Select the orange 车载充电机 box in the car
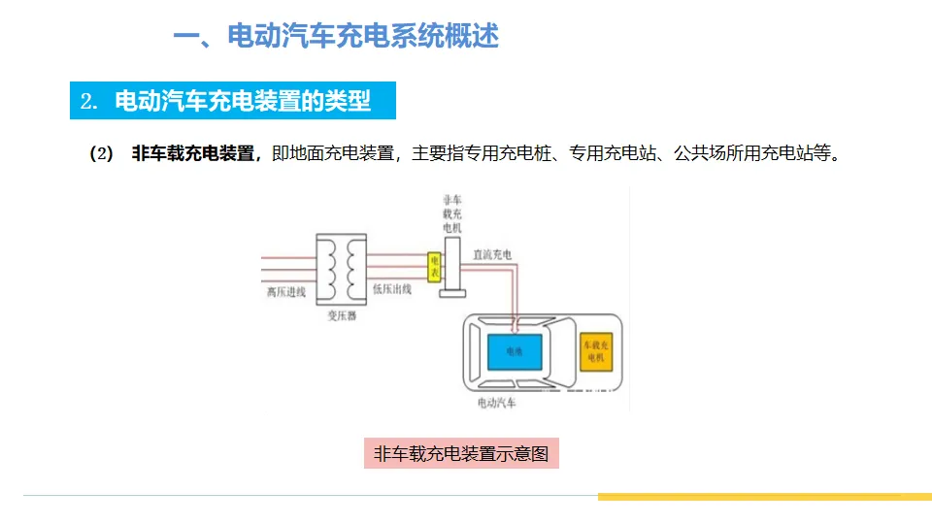(595, 352)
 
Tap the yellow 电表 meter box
(435, 268)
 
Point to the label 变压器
(342, 315)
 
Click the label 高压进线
(286, 290)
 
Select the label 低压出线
(392, 289)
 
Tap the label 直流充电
(492, 254)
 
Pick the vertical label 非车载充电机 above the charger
(451, 213)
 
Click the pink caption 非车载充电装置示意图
(461, 453)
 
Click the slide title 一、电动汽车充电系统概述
(336, 37)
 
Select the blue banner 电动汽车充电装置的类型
(234, 101)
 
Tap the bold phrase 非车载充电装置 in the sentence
(193, 153)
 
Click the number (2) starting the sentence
(101, 153)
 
